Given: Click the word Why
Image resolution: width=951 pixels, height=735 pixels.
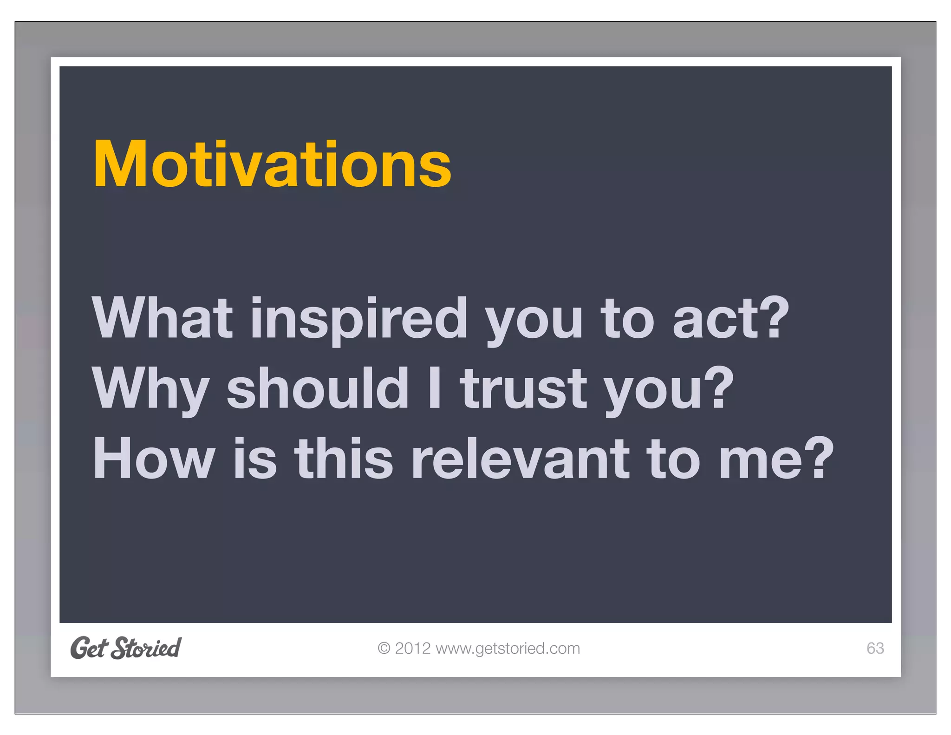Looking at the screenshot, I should [x=151, y=389].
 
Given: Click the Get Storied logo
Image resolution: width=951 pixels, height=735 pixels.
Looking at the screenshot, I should [x=126, y=648].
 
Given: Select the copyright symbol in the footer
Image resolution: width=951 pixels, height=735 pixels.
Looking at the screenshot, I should [x=384, y=648].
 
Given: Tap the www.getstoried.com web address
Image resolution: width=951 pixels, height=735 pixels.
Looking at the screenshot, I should [x=508, y=649].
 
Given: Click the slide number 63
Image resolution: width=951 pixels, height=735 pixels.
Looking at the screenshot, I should [x=875, y=648].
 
